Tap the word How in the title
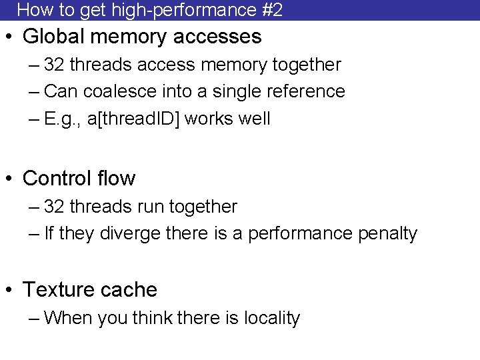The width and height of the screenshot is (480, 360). (x=31, y=10)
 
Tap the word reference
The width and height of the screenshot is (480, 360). (x=309, y=91)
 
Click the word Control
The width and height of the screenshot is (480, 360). (x=59, y=179)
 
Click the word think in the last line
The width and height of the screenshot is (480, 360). (x=153, y=318)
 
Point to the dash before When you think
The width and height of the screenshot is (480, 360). (x=35, y=319)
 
